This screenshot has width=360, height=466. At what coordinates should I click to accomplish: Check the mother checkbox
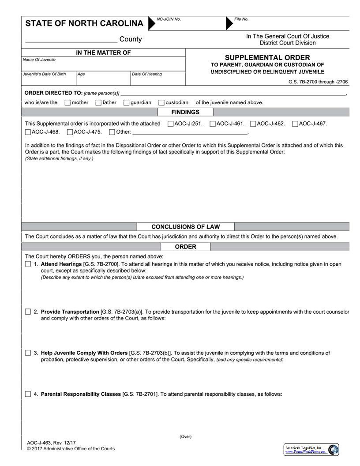[67, 103]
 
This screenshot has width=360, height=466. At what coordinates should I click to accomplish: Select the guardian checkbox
[127, 103]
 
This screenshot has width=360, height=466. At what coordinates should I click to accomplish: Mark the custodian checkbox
[161, 103]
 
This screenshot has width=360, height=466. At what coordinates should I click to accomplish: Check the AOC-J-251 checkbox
[171, 124]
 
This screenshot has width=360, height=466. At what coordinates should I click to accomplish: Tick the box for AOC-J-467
[295, 124]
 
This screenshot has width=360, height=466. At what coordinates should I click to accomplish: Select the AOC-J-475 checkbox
[70, 132]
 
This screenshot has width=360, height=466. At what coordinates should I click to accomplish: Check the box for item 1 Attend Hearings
[28, 264]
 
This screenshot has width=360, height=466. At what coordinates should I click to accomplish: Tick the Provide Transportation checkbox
[28, 312]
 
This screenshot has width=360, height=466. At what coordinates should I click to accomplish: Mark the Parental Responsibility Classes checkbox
[28, 394]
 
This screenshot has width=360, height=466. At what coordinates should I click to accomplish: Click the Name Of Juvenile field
[103, 64]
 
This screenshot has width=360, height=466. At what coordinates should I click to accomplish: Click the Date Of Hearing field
[157, 79]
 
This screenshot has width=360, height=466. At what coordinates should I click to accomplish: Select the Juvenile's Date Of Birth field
[49, 79]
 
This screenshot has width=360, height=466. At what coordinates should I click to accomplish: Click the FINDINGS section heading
[185, 112]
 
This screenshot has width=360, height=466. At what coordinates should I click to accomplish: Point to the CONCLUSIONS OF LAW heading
[185, 227]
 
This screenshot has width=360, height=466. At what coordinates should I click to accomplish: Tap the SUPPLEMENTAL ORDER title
[267, 57]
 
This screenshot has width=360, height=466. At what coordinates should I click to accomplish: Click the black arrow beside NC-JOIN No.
[152, 23]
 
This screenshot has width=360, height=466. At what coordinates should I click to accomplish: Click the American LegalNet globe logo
[334, 450]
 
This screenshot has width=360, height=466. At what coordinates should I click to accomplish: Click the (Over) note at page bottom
[185, 436]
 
